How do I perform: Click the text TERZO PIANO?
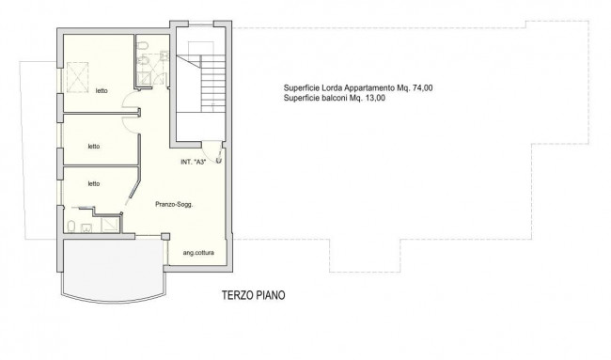pos(253,295)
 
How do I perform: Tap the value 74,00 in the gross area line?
pos(422,88)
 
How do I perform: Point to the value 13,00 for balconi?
pos(375,98)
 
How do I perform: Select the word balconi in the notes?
pos(336,98)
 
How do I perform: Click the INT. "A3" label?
pos(194,162)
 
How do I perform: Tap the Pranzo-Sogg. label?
pos(174,204)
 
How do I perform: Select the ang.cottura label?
pos(198,253)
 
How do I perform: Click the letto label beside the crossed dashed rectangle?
pos(102,91)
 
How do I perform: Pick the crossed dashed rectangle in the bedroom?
pos(77,77)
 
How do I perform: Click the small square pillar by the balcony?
pos(165,236)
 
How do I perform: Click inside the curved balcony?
pos(113,269)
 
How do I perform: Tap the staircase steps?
pos(212,84)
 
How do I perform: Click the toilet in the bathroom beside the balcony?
pos(71,227)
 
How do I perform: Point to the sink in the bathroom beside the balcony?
pos(86,227)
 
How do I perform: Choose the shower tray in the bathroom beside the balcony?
pos(110,226)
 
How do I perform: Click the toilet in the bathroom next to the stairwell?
pos(142,46)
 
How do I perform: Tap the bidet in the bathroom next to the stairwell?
pos(143,61)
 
